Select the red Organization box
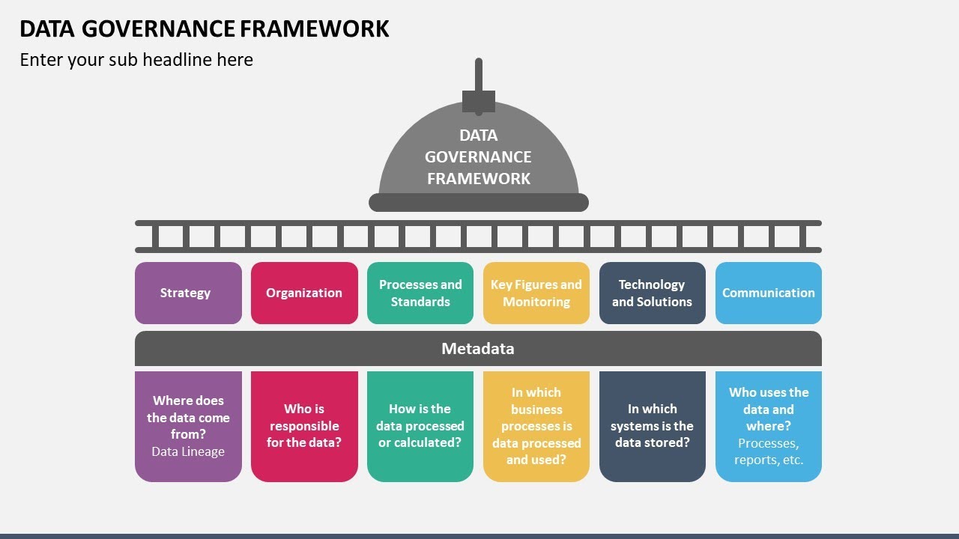[304, 293]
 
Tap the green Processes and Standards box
[420, 293]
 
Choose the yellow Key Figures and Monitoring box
[536, 293]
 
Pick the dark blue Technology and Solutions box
[652, 293]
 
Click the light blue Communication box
[768, 293]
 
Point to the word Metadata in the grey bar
[478, 348]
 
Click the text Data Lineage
[188, 451]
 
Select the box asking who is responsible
[304, 426]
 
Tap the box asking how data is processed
[420, 426]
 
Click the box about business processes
[536, 426]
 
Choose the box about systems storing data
[652, 426]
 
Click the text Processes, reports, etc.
[768, 451]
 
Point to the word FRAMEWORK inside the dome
[478, 178]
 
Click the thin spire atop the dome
[479, 73]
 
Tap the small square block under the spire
[479, 101]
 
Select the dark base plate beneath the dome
[478, 202]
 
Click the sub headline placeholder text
[136, 60]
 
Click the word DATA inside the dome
[478, 135]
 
